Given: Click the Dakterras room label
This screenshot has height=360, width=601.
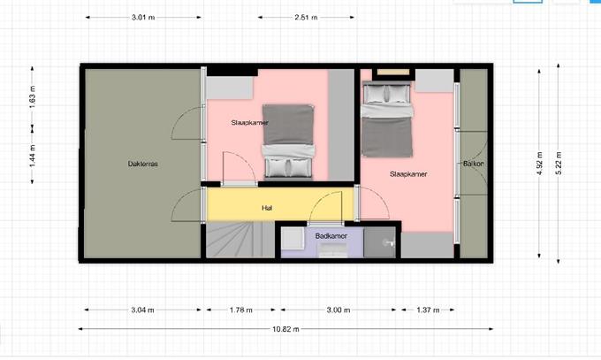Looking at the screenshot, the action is click(x=142, y=164).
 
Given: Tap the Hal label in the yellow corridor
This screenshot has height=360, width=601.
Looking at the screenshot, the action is click(x=267, y=208).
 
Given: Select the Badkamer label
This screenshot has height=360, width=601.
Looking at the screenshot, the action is click(x=331, y=236).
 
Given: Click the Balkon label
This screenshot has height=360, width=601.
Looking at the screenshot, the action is click(x=474, y=164).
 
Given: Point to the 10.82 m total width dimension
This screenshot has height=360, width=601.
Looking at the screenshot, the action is click(x=285, y=329).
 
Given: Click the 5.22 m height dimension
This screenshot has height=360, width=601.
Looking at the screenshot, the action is click(x=559, y=163).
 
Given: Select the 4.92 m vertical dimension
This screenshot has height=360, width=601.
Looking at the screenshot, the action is click(x=539, y=163).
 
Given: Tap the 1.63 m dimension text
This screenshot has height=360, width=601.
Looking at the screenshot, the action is click(x=32, y=96).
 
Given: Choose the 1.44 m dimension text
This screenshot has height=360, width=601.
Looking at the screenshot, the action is click(x=32, y=156).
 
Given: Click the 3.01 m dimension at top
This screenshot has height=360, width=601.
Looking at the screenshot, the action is click(x=143, y=18).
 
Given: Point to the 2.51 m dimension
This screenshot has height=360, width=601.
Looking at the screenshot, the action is click(x=306, y=18).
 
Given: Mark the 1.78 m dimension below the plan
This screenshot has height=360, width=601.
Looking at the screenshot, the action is click(x=240, y=310).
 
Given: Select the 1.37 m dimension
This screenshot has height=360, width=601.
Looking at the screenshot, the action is click(x=428, y=310).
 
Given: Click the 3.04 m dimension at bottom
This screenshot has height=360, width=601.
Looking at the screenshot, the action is click(x=142, y=310).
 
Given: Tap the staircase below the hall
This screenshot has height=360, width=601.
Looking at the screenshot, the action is click(x=240, y=241).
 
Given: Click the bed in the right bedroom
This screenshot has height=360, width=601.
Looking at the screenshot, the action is click(x=387, y=119).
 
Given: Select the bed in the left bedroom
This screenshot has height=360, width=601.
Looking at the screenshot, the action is click(x=288, y=142).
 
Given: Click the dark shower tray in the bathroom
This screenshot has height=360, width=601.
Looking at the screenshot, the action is click(x=379, y=242).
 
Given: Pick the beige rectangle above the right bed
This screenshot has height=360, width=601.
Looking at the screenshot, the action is click(x=393, y=73).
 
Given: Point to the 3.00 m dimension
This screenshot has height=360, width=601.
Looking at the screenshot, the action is click(x=338, y=310).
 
